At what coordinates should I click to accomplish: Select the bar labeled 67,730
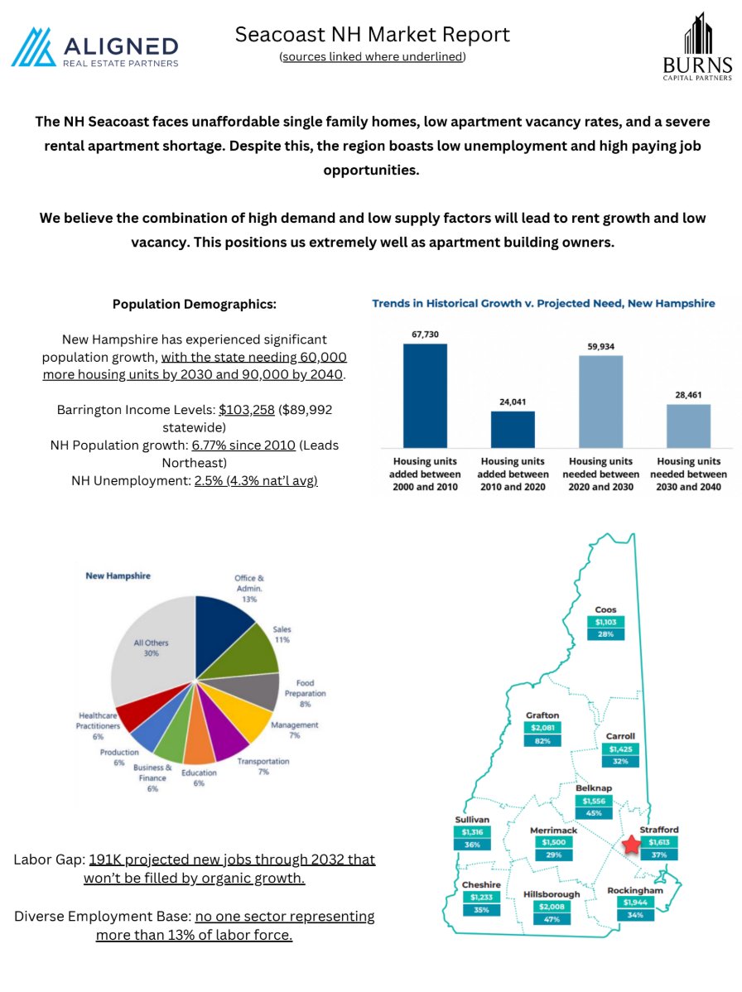coord(425,396)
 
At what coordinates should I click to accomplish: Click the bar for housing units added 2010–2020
coord(513,429)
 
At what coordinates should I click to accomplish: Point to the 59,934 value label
coord(600,346)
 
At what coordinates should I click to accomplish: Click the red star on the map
coord(631,845)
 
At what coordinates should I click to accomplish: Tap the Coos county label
coord(605,609)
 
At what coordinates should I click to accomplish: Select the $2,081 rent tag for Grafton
coord(542,728)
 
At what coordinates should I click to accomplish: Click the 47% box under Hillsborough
coord(552,920)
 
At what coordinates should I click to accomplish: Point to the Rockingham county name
coord(635,890)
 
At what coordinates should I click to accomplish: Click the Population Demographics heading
coord(195,304)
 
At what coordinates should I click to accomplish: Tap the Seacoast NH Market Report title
coord(373,35)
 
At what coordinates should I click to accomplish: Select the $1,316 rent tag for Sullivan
coord(472,832)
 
